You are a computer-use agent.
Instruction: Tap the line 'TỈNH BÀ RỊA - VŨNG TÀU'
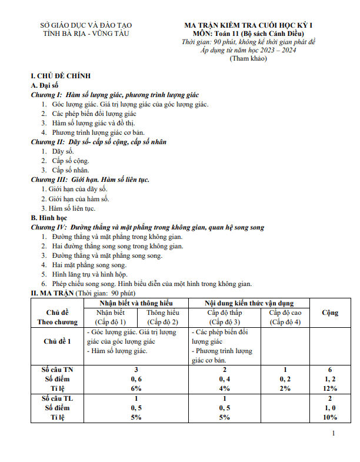point(86,34)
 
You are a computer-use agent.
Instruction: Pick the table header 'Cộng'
point(329,313)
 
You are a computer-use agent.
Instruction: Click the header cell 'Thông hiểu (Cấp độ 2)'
point(163,317)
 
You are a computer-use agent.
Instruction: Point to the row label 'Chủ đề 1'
point(58,341)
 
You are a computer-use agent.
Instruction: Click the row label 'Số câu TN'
point(58,370)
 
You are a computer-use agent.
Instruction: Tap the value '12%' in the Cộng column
point(329,388)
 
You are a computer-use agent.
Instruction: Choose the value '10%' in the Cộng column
point(329,417)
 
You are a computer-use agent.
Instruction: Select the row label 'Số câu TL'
point(58,398)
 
